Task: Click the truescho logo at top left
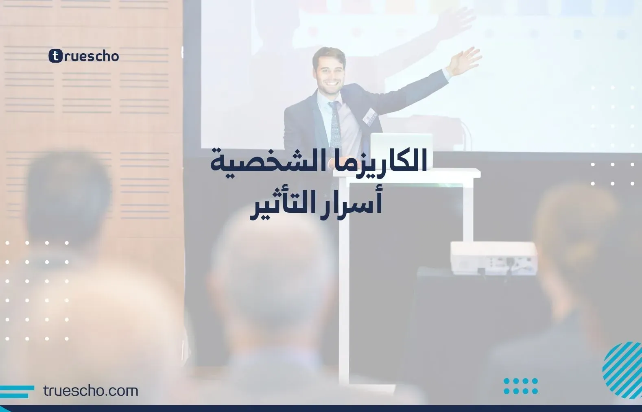(84, 56)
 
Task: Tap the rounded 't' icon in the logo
(55, 56)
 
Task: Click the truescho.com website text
(91, 391)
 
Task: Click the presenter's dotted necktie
(335, 126)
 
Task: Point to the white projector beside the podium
(494, 258)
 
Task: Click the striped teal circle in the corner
(622, 370)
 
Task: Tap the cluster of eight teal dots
(521, 386)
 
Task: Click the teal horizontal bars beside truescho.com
(17, 392)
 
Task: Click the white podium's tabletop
(407, 173)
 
